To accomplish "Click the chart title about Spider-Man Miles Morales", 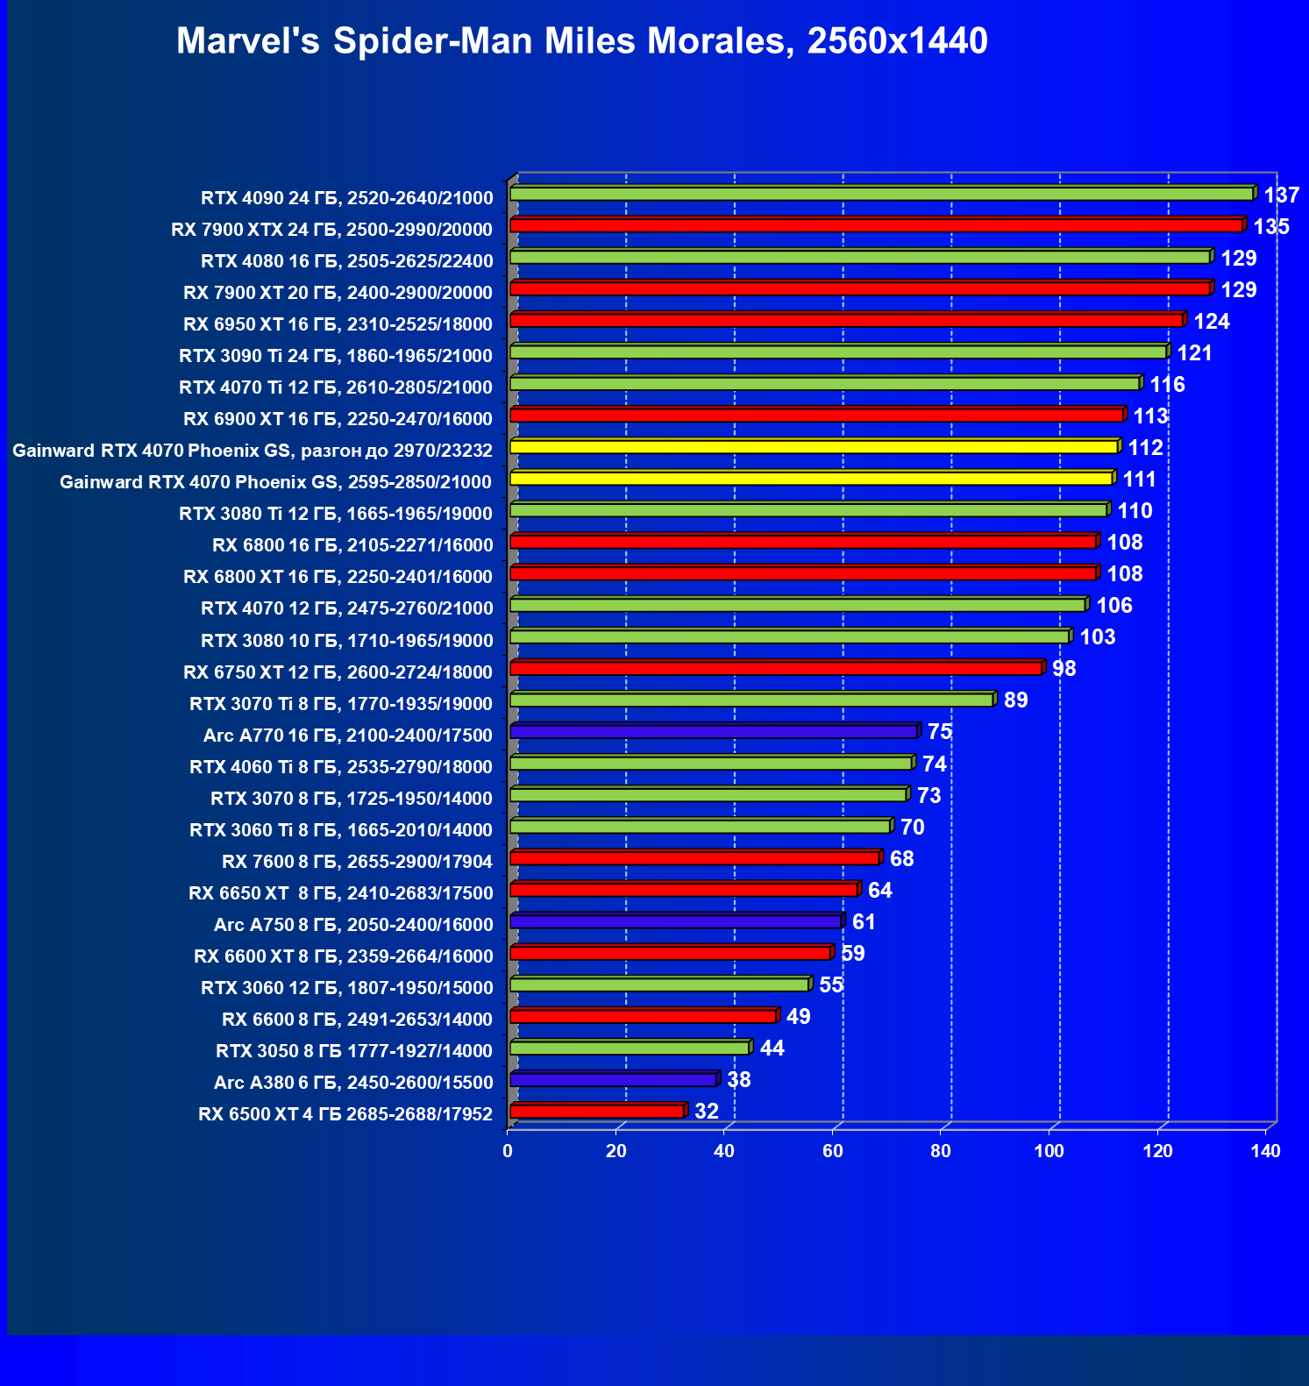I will (x=582, y=41).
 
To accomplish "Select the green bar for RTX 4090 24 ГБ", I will (x=881, y=194).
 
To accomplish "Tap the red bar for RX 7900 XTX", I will (x=876, y=225).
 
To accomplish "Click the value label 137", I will (x=1281, y=195).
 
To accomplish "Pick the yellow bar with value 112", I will (x=814, y=447).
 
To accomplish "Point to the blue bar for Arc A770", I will (x=713, y=731).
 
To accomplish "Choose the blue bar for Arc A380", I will (x=613, y=1079).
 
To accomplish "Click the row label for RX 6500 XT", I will (x=345, y=1114).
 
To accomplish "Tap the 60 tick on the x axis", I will (x=833, y=1151).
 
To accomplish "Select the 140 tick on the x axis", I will (x=1266, y=1151).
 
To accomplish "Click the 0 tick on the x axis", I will (x=508, y=1151).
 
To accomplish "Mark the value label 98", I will (x=1064, y=669).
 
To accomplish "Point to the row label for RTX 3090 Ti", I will (x=336, y=356).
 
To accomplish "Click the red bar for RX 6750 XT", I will (x=776, y=668).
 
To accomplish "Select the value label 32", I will (x=707, y=1112).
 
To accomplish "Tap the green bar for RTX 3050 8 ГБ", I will (x=630, y=1048).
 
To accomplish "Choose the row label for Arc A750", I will (x=353, y=925).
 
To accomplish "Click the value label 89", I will (x=1015, y=700).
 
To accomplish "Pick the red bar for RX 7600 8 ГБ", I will (x=694, y=857).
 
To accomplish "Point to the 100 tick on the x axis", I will (x=1049, y=1151).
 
